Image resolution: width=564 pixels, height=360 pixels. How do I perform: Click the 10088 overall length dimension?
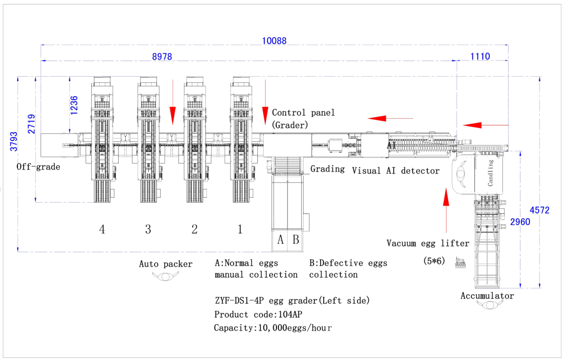coord(274,41)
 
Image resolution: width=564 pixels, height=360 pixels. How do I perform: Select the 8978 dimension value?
coord(162,57)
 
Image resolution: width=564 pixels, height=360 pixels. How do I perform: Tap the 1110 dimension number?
coord(480,56)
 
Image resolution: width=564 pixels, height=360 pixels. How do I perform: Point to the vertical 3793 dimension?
coord(13,142)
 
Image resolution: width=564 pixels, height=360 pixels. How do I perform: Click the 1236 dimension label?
coord(74,106)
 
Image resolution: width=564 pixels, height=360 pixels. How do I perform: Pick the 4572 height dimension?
coord(540,210)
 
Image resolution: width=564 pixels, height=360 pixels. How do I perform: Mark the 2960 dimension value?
coord(520,222)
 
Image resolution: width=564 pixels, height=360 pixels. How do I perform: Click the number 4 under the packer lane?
coord(102,229)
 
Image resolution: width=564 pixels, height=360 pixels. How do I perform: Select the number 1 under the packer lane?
coord(240,229)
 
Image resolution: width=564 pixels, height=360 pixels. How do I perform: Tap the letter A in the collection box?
coord(281,239)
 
